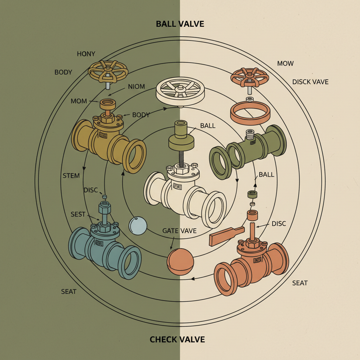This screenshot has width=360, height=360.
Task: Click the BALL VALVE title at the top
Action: [x=180, y=24]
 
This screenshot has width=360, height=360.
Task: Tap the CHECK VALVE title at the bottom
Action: [x=177, y=339]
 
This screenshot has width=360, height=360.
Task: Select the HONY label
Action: [x=86, y=54]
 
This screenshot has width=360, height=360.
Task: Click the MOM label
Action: [x=79, y=101]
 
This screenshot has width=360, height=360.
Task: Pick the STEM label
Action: [x=71, y=175]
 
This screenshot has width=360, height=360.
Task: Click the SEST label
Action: [x=78, y=214]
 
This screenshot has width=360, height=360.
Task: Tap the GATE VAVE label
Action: [x=179, y=231]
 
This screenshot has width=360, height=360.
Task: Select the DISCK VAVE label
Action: [x=310, y=82]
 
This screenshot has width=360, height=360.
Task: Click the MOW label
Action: [x=285, y=64]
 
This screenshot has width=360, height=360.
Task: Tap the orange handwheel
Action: [x=250, y=76]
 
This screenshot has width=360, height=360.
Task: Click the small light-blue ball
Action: [x=137, y=225]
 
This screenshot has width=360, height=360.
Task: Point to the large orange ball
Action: [x=180, y=262]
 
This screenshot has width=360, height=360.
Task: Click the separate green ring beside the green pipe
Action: [x=220, y=161]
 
